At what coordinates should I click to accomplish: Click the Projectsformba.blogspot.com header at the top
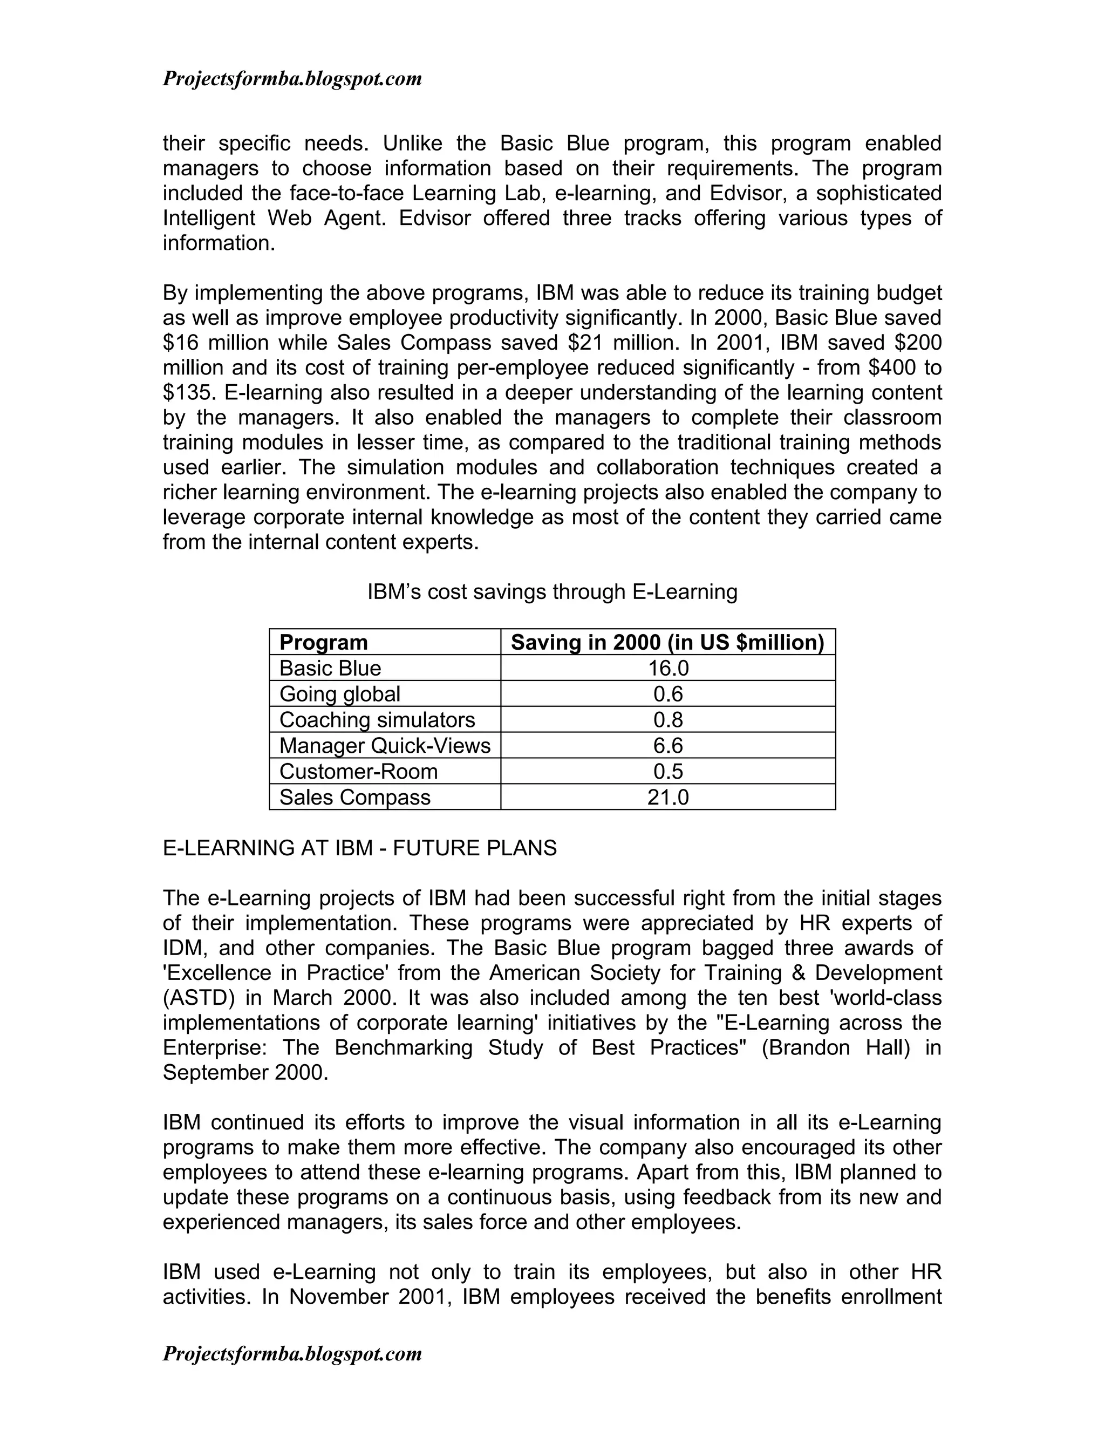[x=292, y=79]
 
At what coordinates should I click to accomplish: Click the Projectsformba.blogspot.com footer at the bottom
[x=292, y=1353]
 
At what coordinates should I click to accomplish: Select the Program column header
[x=323, y=642]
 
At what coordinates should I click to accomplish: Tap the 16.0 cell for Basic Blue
[x=668, y=668]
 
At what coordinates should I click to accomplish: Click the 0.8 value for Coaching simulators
[x=668, y=719]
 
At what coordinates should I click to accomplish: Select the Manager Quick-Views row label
[x=384, y=746]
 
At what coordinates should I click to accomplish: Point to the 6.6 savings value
[x=668, y=746]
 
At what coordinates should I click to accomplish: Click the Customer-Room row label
[x=358, y=771]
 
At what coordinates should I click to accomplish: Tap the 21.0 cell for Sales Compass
[x=668, y=798]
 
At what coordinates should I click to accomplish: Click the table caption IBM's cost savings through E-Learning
[x=552, y=592]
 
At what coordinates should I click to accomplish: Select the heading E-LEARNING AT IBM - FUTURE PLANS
[x=359, y=848]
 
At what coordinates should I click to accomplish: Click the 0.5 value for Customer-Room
[x=668, y=771]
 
